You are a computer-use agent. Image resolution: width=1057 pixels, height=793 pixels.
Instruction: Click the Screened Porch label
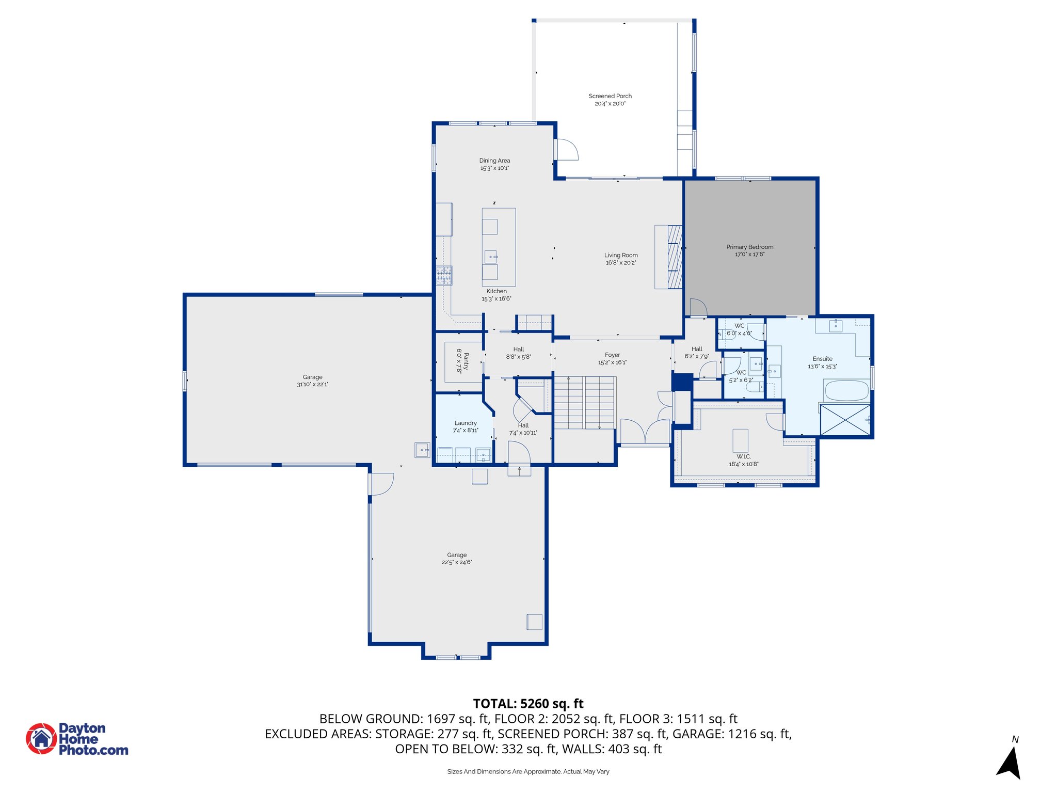610,96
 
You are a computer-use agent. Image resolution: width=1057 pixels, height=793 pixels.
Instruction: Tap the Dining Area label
494,161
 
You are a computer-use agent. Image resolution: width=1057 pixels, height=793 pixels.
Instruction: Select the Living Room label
621,255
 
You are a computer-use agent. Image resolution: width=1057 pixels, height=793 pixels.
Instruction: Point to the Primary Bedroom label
749,247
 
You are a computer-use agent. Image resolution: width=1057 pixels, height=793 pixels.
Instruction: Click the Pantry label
466,361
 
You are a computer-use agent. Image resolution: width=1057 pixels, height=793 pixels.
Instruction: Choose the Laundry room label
466,423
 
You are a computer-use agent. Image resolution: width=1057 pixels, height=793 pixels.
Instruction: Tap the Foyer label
613,355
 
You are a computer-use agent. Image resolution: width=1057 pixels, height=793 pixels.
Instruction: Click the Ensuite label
823,359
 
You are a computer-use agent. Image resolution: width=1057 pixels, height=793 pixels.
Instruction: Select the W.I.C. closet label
744,456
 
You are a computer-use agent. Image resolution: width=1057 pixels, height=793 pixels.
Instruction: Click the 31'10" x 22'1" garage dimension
313,384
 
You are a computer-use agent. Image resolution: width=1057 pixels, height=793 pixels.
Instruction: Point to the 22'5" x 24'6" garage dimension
457,562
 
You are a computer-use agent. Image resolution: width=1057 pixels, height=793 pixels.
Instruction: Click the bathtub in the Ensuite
847,390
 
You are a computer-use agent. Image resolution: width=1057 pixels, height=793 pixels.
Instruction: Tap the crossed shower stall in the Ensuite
845,420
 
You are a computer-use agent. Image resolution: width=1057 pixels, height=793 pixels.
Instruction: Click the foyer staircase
584,403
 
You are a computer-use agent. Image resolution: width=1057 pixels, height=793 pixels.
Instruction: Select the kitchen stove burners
444,275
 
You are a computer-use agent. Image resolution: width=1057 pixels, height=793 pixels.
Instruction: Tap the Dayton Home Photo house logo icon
41,738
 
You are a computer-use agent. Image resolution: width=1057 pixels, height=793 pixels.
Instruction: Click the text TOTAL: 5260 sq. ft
528,704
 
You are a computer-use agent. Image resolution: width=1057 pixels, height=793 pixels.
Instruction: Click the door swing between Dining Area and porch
566,149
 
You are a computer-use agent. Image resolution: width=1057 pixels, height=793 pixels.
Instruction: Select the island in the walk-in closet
741,440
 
